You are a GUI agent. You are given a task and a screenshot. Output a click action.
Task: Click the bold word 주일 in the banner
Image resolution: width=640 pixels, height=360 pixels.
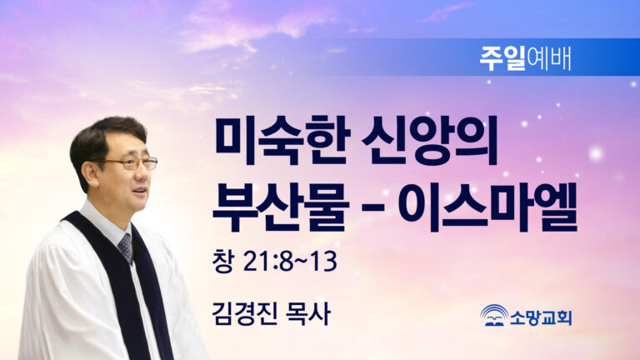[x=502, y=59]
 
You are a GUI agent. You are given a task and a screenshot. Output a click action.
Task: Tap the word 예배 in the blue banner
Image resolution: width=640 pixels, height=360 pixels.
[x=549, y=59]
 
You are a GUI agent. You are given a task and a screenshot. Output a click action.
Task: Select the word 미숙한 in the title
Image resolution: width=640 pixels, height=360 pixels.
[x=282, y=141]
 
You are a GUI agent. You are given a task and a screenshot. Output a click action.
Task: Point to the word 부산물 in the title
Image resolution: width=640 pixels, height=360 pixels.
[x=281, y=207]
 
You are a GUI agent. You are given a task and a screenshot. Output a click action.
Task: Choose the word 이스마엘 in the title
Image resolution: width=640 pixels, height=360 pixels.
[x=487, y=207]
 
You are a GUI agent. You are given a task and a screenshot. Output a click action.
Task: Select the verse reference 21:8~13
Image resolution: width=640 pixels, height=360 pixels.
[x=290, y=261]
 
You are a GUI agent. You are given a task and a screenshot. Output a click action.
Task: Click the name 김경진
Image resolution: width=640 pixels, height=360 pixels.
[x=244, y=313]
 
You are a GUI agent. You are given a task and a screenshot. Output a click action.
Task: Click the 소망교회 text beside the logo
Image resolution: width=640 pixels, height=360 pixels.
[x=541, y=317]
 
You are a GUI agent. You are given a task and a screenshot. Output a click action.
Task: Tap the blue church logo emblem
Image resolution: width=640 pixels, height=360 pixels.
[x=494, y=315]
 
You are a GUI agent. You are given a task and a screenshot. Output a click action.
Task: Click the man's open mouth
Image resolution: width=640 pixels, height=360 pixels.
[x=140, y=192]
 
